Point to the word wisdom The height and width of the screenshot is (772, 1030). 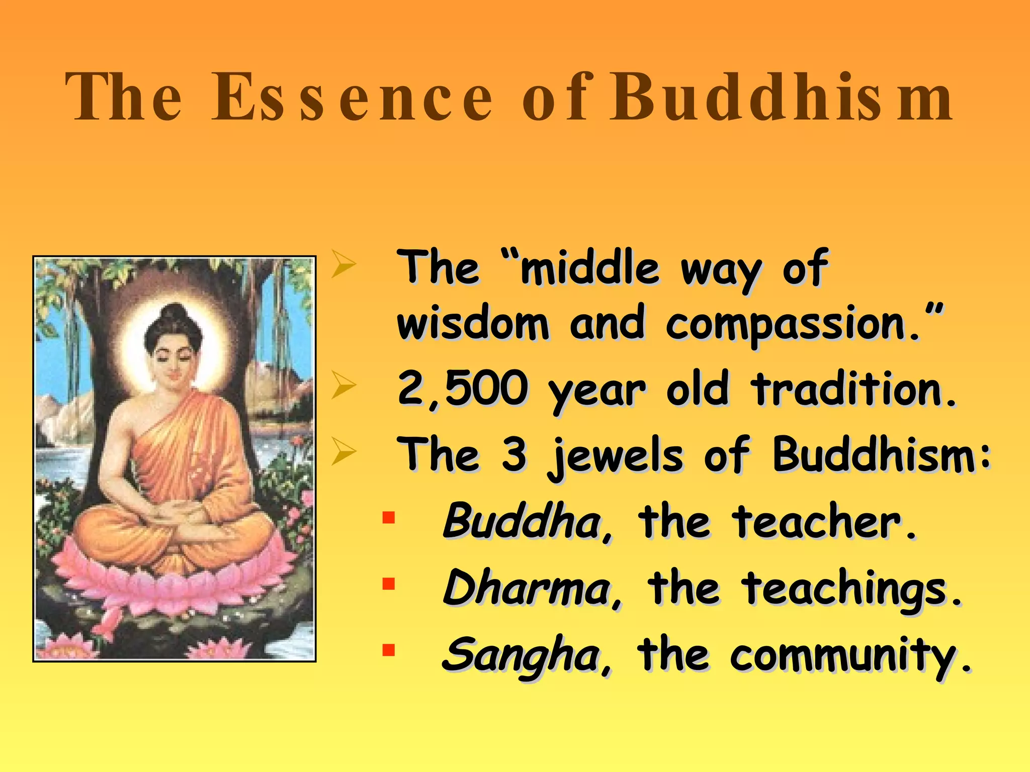473,324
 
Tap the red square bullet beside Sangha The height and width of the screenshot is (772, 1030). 388,650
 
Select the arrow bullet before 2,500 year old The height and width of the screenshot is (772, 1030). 344,388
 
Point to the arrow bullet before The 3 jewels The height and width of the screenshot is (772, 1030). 344,452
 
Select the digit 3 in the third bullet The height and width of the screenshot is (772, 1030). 513,454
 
